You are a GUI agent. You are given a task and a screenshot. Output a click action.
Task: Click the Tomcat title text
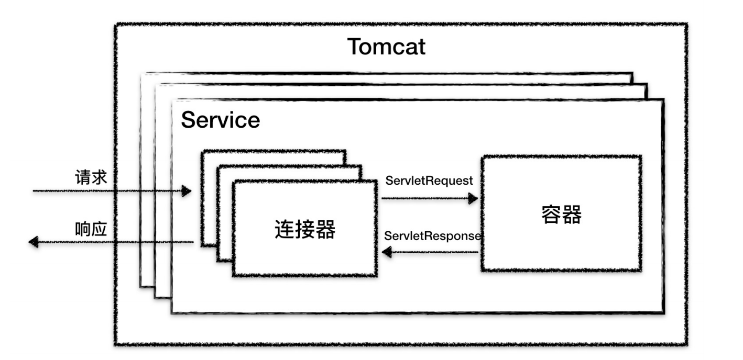(386, 47)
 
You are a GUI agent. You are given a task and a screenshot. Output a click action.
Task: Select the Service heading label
(220, 120)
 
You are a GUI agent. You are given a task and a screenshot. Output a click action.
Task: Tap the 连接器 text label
(305, 229)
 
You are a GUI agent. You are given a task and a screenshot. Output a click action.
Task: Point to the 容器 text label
(561, 214)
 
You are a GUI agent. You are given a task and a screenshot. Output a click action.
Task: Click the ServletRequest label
(429, 181)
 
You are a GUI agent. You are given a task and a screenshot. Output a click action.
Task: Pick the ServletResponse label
(432, 235)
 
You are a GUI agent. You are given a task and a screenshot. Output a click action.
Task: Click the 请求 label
(91, 177)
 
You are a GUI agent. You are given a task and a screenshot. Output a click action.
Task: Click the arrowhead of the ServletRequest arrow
(473, 198)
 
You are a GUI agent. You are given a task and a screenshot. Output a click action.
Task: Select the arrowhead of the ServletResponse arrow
(387, 253)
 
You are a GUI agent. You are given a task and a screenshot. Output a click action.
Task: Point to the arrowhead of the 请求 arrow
(186, 191)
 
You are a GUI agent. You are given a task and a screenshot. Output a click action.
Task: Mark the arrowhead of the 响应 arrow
(34, 242)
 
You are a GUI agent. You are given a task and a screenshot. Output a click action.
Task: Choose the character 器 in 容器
(572, 214)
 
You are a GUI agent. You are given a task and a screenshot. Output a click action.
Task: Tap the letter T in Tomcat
(354, 47)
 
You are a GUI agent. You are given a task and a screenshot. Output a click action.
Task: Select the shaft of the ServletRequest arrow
(424, 198)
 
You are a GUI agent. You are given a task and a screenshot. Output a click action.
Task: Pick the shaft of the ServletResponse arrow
(435, 253)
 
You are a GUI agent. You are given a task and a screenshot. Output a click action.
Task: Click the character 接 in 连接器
(305, 229)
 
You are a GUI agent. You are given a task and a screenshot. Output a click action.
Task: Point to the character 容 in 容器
(551, 214)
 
